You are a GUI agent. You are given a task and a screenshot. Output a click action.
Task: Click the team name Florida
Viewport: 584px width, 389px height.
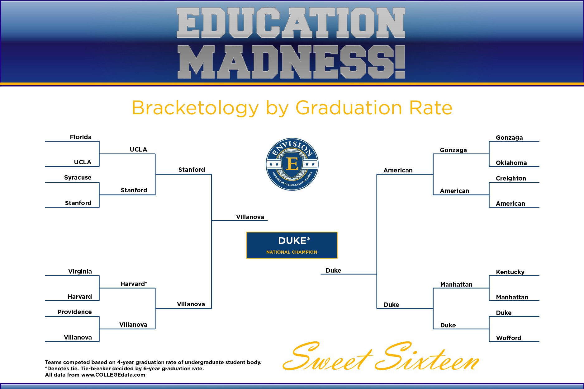(x=81, y=137)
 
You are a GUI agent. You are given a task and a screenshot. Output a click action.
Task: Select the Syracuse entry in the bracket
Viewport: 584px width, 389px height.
(x=78, y=177)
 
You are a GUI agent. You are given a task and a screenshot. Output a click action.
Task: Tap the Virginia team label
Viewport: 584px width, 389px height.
(x=80, y=271)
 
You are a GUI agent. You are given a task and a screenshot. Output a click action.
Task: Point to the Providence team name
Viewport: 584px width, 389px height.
(x=74, y=312)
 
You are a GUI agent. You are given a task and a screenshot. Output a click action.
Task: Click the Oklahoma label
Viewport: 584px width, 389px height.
(x=511, y=163)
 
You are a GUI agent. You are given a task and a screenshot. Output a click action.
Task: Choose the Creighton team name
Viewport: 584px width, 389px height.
(x=511, y=178)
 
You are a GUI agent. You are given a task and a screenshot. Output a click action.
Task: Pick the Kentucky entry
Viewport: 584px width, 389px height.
(x=510, y=272)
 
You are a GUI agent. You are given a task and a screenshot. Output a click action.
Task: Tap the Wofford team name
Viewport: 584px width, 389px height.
(x=509, y=338)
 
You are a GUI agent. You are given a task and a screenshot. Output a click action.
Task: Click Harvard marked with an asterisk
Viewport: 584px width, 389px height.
(x=134, y=284)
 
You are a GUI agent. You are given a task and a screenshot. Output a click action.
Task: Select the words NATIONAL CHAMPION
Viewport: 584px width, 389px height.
(x=292, y=252)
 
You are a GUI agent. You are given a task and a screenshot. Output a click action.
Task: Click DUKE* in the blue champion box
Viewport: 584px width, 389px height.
(x=294, y=241)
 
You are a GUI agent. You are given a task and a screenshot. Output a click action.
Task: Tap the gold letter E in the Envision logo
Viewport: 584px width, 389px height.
(x=292, y=163)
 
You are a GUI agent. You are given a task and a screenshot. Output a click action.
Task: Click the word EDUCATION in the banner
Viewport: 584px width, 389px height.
(x=291, y=23)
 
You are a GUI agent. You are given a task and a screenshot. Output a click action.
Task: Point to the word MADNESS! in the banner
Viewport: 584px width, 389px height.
(x=291, y=62)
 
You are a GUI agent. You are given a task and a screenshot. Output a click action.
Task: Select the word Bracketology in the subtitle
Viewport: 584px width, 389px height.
(x=195, y=108)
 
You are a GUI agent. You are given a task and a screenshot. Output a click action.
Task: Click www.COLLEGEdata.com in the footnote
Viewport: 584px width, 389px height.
(x=113, y=375)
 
